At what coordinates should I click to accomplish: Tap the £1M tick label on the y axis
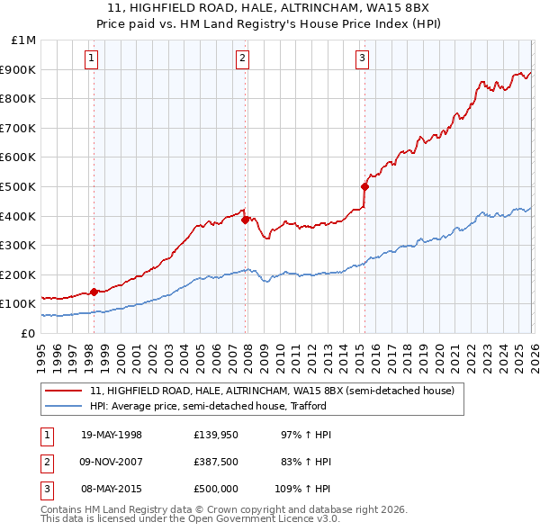pyautogui.click(x=24, y=40)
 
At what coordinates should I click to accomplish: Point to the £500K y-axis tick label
pyautogui.click(x=20, y=186)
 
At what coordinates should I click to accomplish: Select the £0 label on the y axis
pyautogui.click(x=29, y=333)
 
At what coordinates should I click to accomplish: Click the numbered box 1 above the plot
pyautogui.click(x=93, y=59)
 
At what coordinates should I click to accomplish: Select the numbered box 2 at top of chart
pyautogui.click(x=243, y=59)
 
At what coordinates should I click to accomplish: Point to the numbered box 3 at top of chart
pyautogui.click(x=362, y=59)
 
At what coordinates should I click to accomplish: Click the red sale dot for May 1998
pyautogui.click(x=94, y=292)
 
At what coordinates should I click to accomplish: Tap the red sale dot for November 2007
pyautogui.click(x=244, y=219)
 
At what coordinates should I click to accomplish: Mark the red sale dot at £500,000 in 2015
pyautogui.click(x=364, y=186)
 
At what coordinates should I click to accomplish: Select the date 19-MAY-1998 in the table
pyautogui.click(x=112, y=435)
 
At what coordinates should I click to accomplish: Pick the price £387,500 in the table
pyautogui.click(x=216, y=462)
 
